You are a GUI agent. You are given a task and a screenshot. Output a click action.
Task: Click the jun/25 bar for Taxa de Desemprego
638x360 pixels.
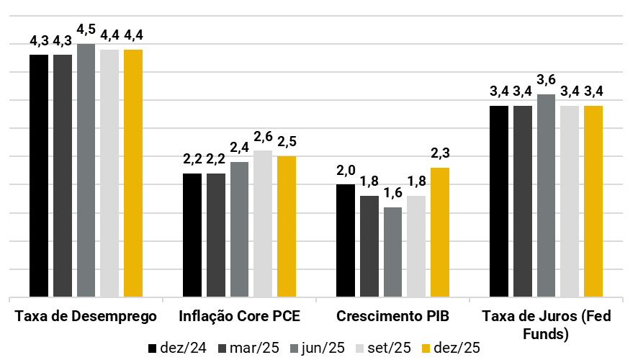(86, 170)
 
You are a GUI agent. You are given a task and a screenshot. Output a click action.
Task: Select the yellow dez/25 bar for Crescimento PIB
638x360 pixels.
(439, 232)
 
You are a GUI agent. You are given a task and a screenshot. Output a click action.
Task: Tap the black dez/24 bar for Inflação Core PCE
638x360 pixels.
(192, 235)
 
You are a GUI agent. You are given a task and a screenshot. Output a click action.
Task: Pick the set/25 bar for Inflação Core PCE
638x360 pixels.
(262, 223)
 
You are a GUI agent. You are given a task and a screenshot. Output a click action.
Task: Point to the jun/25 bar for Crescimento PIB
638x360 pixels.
(392, 251)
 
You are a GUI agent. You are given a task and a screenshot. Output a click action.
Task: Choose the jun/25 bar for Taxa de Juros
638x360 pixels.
(545, 195)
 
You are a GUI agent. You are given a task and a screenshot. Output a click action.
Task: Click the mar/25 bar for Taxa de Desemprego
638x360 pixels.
(63, 175)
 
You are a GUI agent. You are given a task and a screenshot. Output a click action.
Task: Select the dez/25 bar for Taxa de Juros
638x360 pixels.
(593, 201)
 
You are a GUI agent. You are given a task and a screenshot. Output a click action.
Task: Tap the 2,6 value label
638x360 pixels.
(262, 137)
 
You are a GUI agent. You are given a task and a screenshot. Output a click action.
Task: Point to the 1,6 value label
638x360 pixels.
(392, 193)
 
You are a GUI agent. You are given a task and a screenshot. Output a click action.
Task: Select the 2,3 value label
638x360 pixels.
(440, 153)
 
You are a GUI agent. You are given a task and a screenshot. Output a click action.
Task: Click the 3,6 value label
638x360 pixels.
(545, 80)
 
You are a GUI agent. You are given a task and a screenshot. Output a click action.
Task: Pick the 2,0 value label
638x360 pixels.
(346, 171)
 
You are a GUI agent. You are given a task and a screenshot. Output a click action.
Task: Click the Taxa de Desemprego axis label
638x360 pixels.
(86, 317)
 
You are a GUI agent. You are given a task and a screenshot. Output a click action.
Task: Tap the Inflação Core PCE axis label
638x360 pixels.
(239, 317)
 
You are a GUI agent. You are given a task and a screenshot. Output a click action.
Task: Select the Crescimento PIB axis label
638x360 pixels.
(392, 317)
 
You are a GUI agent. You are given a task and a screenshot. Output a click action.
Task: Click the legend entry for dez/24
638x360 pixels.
(177, 348)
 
